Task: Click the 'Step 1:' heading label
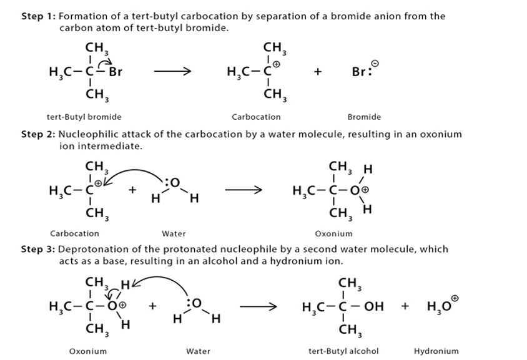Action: [38, 16]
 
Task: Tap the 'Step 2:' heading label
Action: [38, 134]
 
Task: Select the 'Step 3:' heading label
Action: [38, 249]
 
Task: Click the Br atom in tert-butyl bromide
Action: [116, 72]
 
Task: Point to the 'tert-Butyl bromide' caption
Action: [84, 117]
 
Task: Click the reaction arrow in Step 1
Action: [172, 71]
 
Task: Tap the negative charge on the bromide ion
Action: [375, 64]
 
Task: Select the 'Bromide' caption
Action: [364, 117]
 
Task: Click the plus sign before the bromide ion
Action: [318, 72]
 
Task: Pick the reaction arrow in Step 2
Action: [244, 190]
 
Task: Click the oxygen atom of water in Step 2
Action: [175, 183]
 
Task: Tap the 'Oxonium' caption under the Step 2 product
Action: [333, 234]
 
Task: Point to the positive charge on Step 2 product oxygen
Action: [365, 190]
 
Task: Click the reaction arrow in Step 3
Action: [258, 306]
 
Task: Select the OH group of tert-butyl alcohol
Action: [374, 306]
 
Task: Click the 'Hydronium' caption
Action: [436, 351]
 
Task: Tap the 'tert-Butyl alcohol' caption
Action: [343, 351]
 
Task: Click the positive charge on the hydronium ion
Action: [455, 298]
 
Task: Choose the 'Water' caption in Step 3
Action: [199, 351]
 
